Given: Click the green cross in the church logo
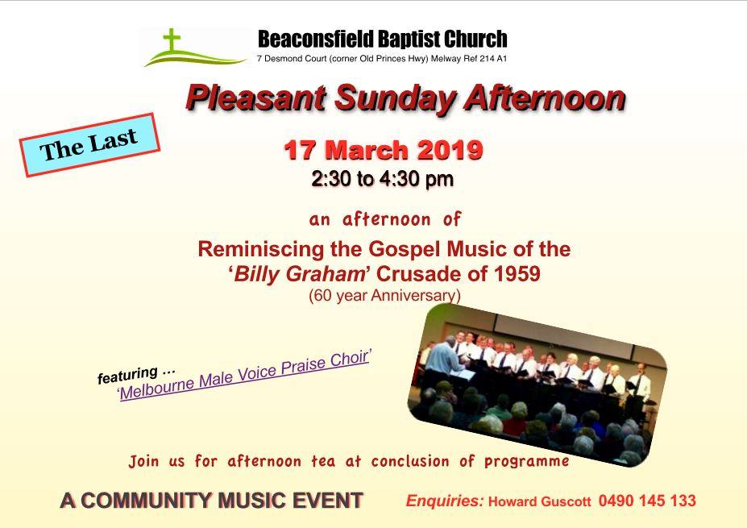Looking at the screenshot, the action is (172, 40).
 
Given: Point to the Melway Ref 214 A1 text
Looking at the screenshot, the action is (469, 59).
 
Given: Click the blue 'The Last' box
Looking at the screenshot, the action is (89, 145).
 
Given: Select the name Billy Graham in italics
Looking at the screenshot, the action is (299, 274).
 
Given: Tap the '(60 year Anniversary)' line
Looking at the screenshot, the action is (384, 296).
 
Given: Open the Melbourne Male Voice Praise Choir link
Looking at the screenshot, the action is (244, 375).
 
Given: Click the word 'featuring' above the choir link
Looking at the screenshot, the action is (127, 375).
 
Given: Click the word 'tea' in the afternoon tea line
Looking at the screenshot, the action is (323, 461).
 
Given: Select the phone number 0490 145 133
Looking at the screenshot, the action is (647, 501).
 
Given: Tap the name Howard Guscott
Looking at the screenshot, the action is (540, 501).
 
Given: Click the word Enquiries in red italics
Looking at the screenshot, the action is (445, 501).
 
